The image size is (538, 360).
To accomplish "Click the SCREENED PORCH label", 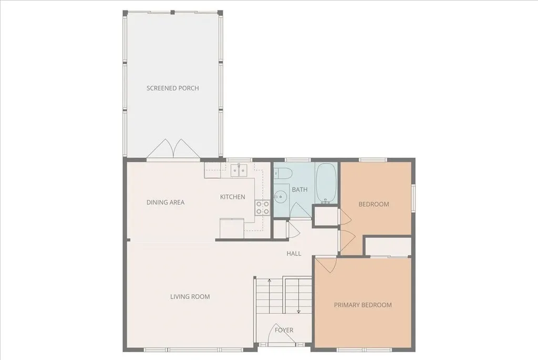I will pyautogui.click(x=172, y=88).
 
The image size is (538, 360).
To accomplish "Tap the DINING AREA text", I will pyautogui.click(x=165, y=202).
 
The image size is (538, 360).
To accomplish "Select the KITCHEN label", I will pyautogui.click(x=232, y=197).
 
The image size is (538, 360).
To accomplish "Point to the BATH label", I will pyautogui.click(x=299, y=190).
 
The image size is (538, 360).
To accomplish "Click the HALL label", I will pyautogui.click(x=294, y=254).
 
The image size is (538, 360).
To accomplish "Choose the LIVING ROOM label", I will pyautogui.click(x=190, y=297).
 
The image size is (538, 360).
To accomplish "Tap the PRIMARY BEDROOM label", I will pyautogui.click(x=363, y=305).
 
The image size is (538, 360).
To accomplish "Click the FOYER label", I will pyautogui.click(x=284, y=330).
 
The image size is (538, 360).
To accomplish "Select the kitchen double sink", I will pyautogui.click(x=239, y=169).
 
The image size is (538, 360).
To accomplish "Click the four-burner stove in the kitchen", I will pyautogui.click(x=263, y=208).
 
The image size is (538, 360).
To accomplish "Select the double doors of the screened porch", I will pyautogui.click(x=173, y=149).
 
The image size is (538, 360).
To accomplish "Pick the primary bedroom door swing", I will pyautogui.click(x=324, y=264).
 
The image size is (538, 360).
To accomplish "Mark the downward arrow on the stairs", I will pyautogui.click(x=298, y=310).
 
